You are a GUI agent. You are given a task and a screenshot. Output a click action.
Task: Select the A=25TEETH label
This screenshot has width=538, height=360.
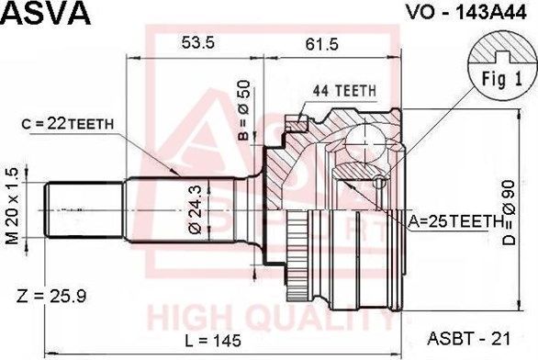pos(456,221)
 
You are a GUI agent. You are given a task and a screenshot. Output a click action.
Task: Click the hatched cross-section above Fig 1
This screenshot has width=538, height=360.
pos(499,46)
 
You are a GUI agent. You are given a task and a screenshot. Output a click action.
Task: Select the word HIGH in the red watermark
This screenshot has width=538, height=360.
pos(189,318)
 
